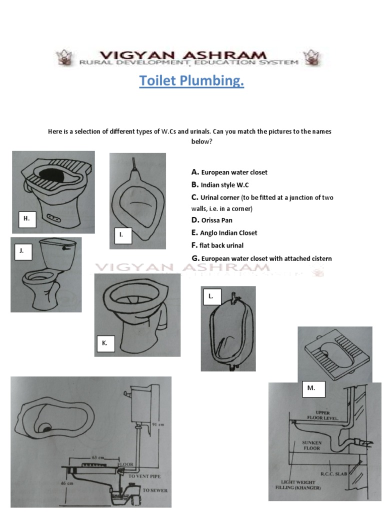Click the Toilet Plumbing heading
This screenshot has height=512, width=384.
click(191, 80)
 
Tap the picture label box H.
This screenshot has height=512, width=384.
click(26, 218)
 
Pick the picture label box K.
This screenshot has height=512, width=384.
click(105, 343)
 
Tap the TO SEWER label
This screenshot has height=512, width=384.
click(155, 490)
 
